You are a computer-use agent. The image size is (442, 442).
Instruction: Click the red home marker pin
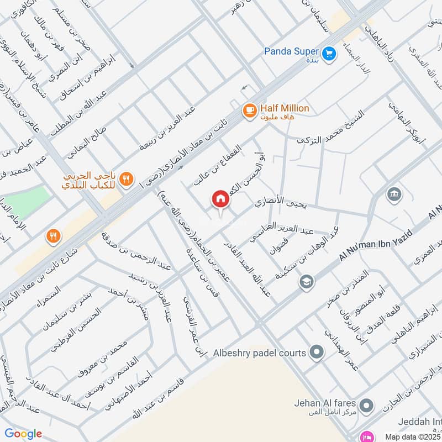pos(220,199)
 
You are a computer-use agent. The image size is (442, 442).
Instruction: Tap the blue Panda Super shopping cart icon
pos(329,53)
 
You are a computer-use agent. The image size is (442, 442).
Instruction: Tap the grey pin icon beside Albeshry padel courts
pos(317,351)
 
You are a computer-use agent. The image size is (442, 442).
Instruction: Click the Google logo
pos(23,434)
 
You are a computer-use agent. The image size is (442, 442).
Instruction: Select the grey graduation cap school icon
pos(305,282)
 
